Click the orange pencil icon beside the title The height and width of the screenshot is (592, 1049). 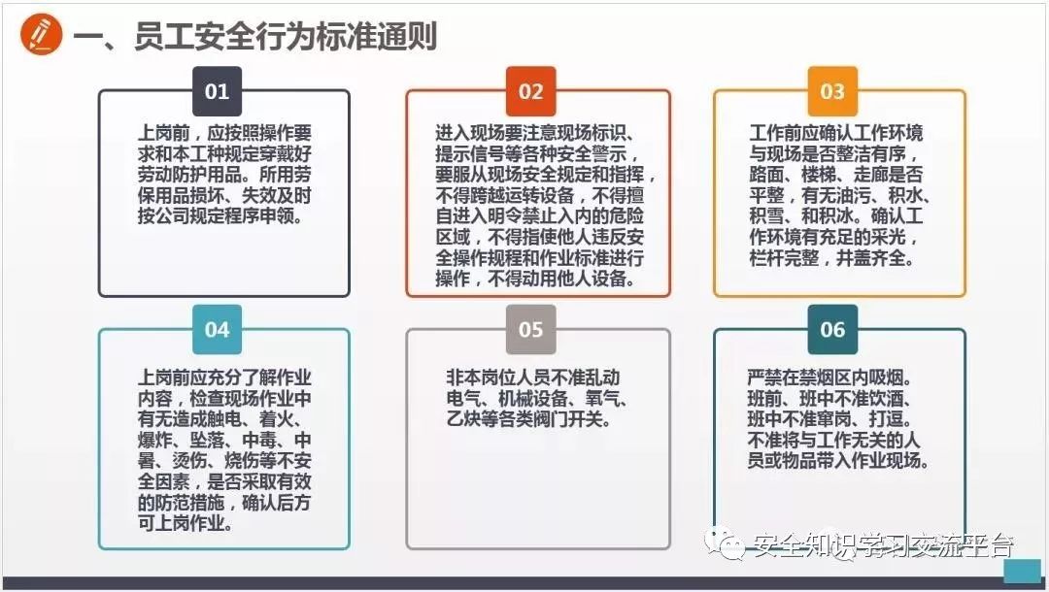tap(40, 35)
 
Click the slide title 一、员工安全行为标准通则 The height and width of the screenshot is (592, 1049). tap(255, 37)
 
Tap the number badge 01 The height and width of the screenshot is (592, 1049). tap(217, 92)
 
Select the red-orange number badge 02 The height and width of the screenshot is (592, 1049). tap(530, 92)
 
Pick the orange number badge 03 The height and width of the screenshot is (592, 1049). tap(832, 92)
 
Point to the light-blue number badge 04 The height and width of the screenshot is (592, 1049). tap(217, 330)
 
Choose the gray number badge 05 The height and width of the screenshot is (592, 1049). tap(530, 330)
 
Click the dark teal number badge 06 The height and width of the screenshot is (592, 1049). tap(832, 330)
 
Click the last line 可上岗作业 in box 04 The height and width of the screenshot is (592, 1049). tap(185, 524)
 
